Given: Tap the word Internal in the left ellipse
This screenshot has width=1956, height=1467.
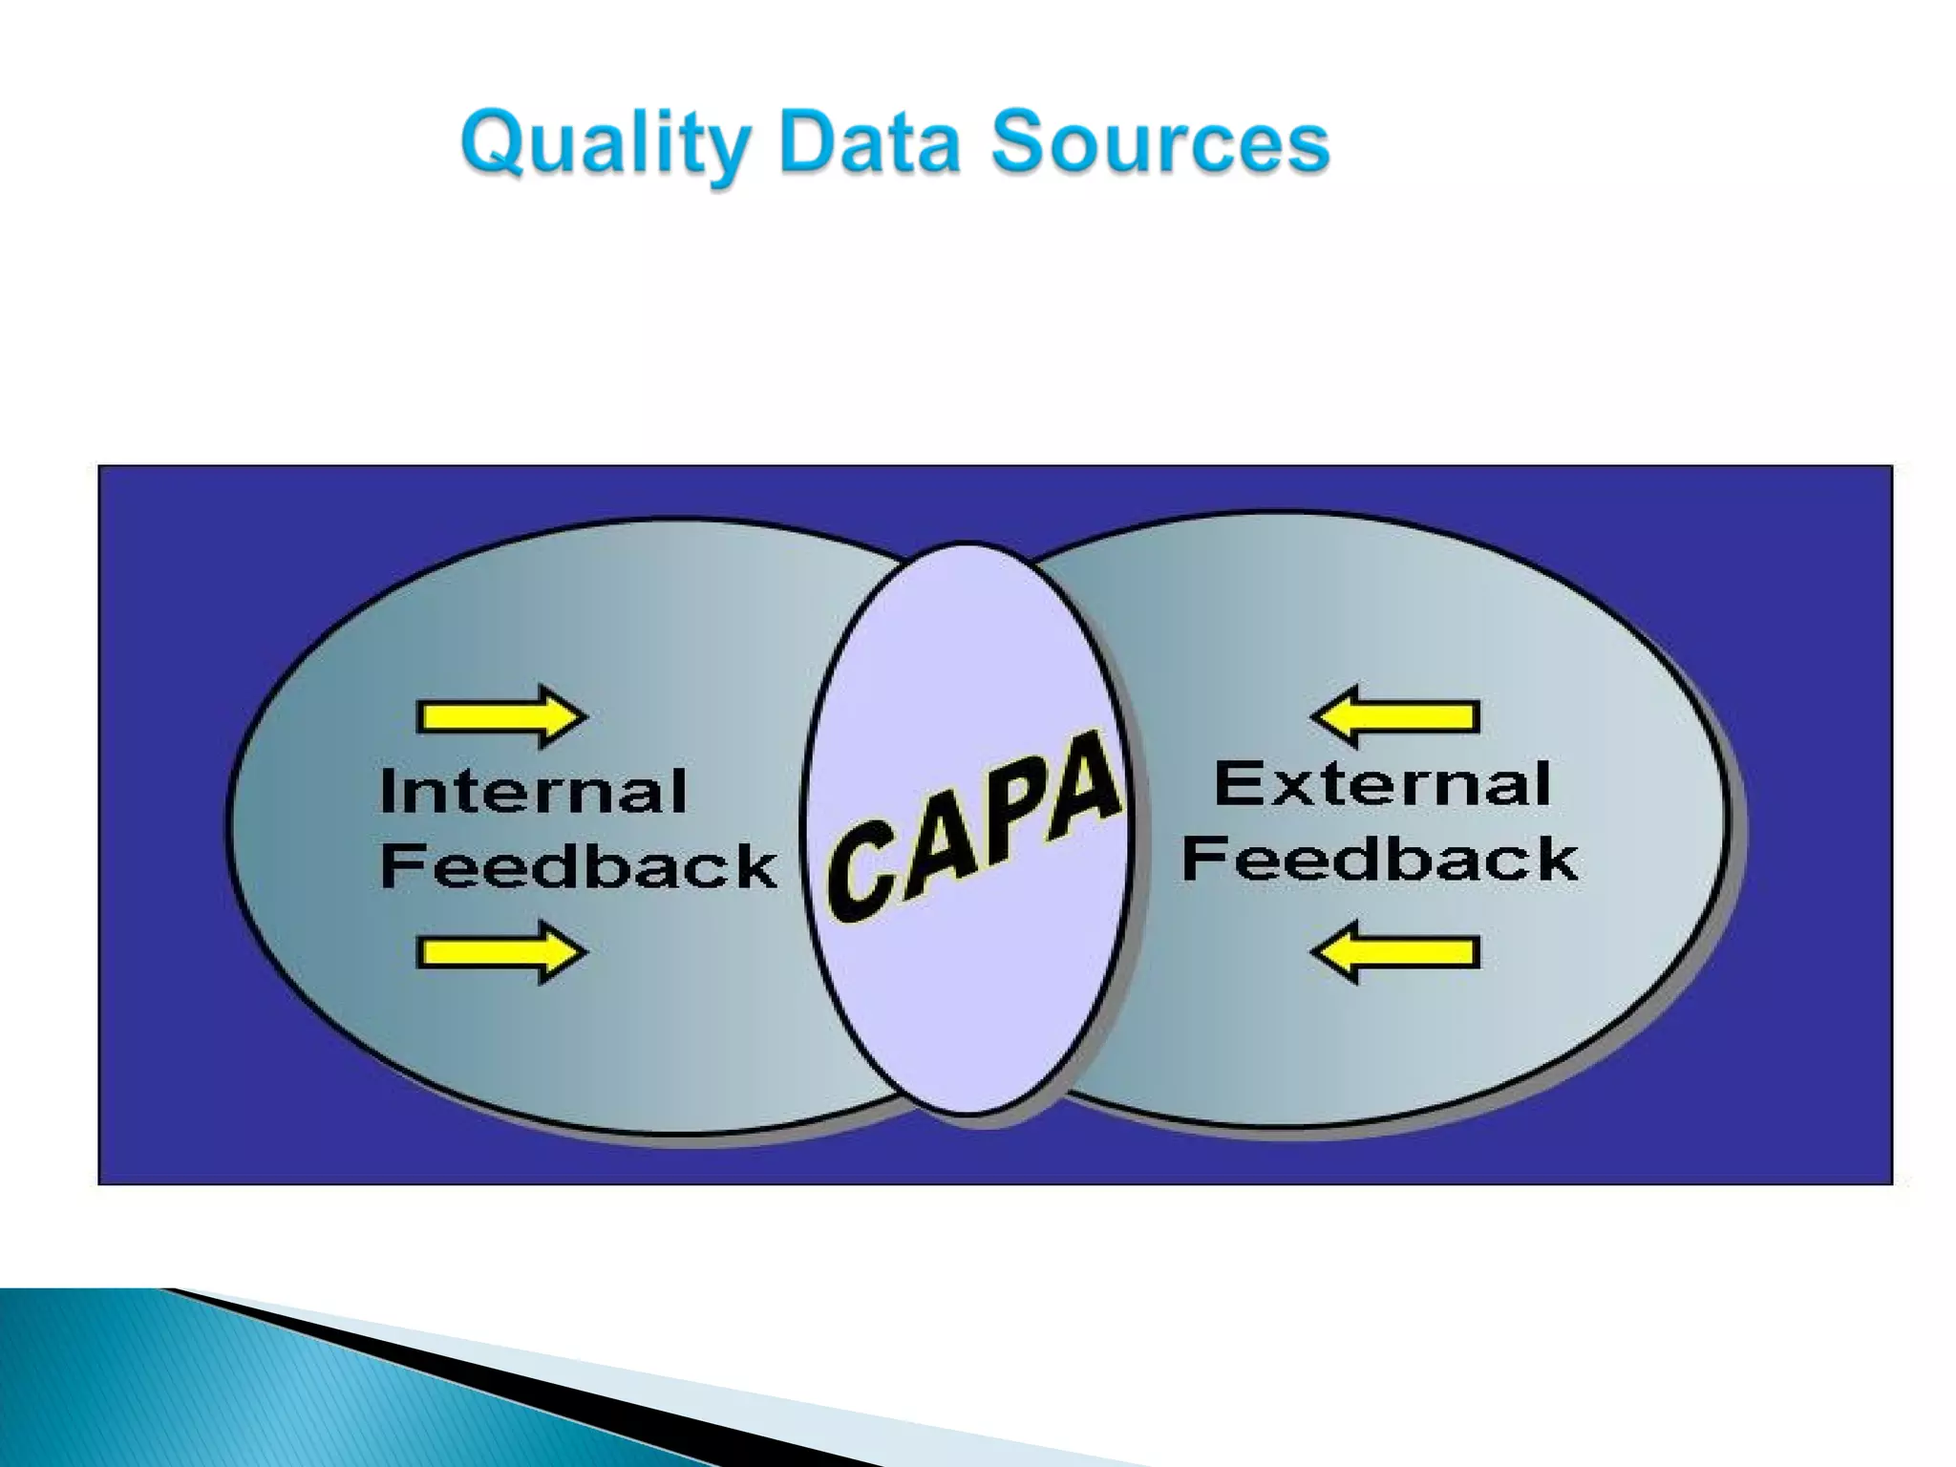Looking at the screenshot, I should coord(533,792).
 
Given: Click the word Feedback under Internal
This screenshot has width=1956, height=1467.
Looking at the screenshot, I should coord(578,866).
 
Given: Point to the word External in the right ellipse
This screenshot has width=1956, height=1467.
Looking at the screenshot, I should coord(1381,785).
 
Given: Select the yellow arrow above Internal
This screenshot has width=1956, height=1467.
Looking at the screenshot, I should coord(501,716).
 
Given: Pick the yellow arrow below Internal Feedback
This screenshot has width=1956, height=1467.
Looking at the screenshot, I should coord(501,952).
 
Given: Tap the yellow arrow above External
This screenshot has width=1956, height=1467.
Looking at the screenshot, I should coord(1395,715).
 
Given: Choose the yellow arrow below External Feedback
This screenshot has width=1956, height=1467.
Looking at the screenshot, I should coord(1395,952).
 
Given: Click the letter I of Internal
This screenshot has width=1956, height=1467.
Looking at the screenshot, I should coord(387,792).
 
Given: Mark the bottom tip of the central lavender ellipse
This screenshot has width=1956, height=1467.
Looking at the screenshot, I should coord(967,1113).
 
